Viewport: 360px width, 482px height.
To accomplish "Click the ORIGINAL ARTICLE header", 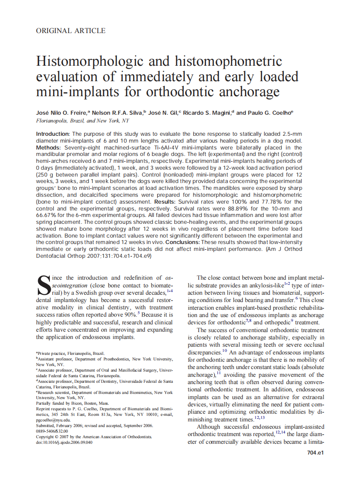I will (71, 31).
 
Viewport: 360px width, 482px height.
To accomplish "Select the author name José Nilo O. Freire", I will (61, 113).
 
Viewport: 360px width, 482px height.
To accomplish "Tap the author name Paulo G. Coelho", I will (269, 113).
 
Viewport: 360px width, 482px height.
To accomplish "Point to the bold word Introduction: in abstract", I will (52, 134).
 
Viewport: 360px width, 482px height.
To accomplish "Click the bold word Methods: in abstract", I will (49, 147).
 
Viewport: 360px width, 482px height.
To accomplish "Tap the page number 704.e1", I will (315, 453).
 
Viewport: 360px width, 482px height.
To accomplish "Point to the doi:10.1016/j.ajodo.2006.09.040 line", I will (64, 442).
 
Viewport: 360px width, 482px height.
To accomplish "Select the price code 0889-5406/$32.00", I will (52, 431).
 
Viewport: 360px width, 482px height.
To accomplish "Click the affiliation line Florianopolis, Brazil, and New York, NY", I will (82, 121).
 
